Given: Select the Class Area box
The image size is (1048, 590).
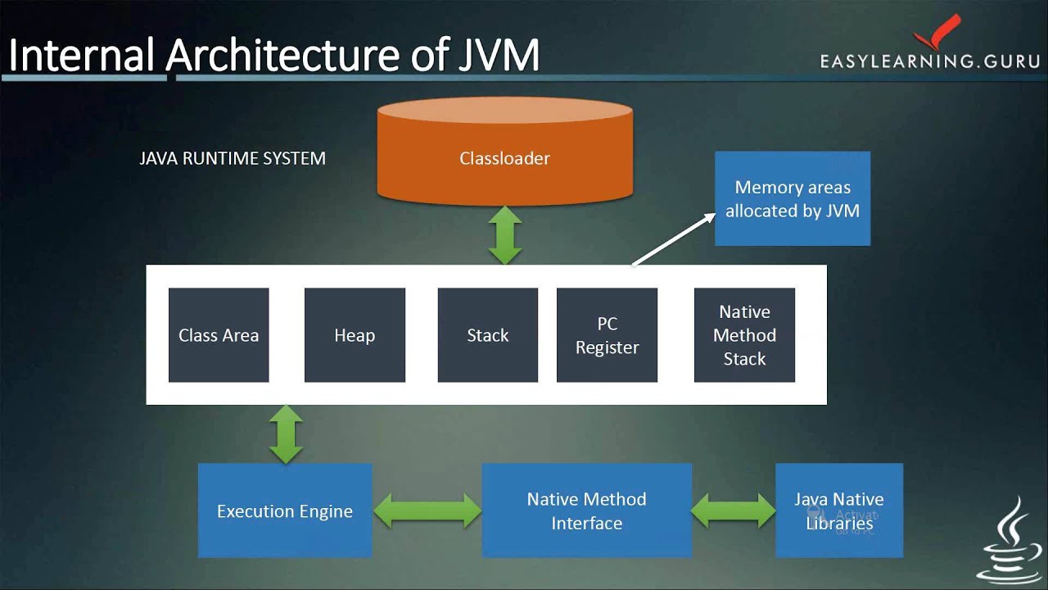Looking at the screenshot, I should click(219, 335).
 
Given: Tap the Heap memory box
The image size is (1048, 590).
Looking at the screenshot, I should click(355, 335).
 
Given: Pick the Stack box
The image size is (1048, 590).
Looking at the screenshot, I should click(488, 335).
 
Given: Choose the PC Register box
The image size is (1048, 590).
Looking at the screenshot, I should click(607, 335).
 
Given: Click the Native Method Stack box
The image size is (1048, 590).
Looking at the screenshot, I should click(744, 335).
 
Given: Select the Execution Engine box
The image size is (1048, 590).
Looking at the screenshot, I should click(285, 511).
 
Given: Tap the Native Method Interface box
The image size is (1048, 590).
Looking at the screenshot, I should click(586, 511).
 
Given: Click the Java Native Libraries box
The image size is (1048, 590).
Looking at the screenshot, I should click(839, 511).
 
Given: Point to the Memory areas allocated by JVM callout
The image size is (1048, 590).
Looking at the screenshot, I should click(792, 198).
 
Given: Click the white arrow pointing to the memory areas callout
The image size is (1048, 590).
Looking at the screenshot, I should click(672, 239).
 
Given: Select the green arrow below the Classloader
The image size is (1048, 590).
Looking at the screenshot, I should click(505, 234).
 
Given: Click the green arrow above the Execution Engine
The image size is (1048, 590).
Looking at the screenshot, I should click(286, 433).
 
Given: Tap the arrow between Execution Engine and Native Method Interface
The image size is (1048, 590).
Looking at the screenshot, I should click(427, 511).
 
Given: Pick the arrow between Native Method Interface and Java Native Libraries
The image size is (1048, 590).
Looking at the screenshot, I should click(734, 511).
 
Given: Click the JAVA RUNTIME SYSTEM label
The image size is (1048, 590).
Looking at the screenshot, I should click(233, 158).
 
